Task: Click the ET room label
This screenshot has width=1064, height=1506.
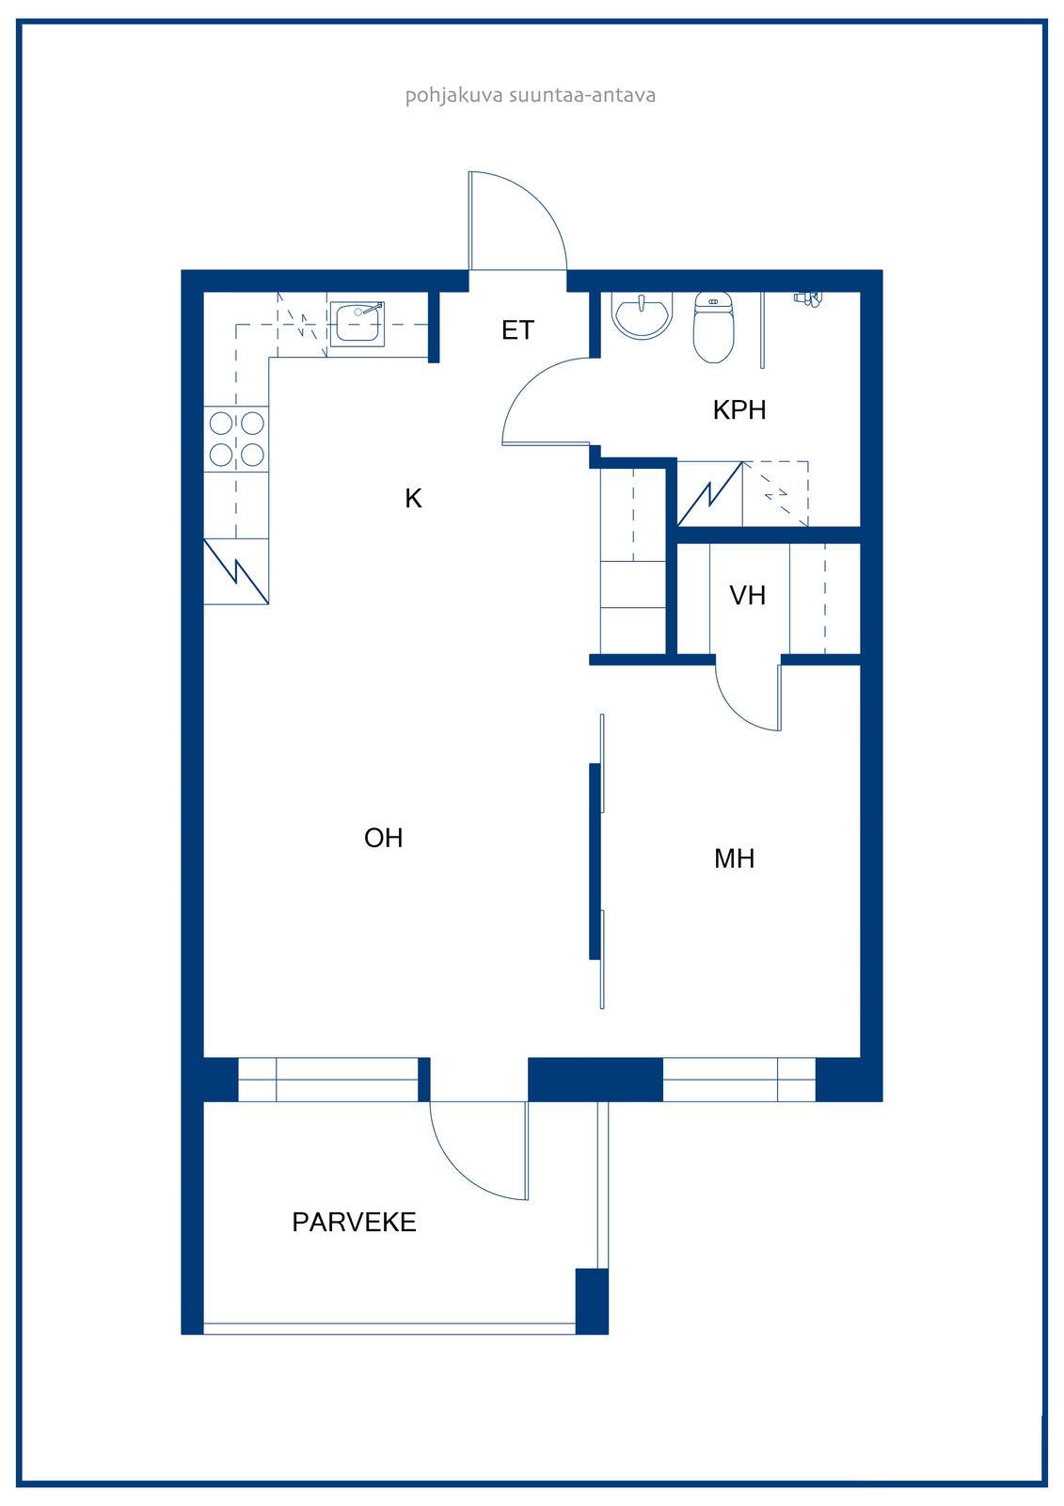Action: pyautogui.click(x=517, y=330)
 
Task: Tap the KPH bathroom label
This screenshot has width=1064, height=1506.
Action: pyautogui.click(x=739, y=410)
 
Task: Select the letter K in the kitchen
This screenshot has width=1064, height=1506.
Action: pyautogui.click(x=413, y=498)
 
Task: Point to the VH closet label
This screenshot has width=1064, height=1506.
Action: pyautogui.click(x=747, y=595)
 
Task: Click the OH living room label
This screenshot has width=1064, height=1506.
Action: pyautogui.click(x=383, y=838)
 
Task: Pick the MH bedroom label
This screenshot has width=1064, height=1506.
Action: pyautogui.click(x=734, y=858)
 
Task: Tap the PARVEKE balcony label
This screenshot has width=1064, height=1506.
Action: pyautogui.click(x=355, y=1223)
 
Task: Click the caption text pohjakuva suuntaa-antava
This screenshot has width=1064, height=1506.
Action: pyautogui.click(x=531, y=95)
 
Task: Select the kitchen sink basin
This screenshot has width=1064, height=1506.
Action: pyautogui.click(x=357, y=324)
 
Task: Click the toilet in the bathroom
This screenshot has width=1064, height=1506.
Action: pyautogui.click(x=713, y=327)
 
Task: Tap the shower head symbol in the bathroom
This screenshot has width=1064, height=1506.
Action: pyautogui.click(x=809, y=298)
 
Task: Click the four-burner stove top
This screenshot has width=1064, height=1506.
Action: pyautogui.click(x=236, y=439)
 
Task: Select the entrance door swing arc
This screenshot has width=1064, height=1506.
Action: pyautogui.click(x=538, y=201)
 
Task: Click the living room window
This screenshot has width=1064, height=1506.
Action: pyautogui.click(x=328, y=1080)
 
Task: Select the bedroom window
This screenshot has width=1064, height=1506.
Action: pyautogui.click(x=738, y=1080)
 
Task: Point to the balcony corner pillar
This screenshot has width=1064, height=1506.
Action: pyautogui.click(x=592, y=1301)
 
